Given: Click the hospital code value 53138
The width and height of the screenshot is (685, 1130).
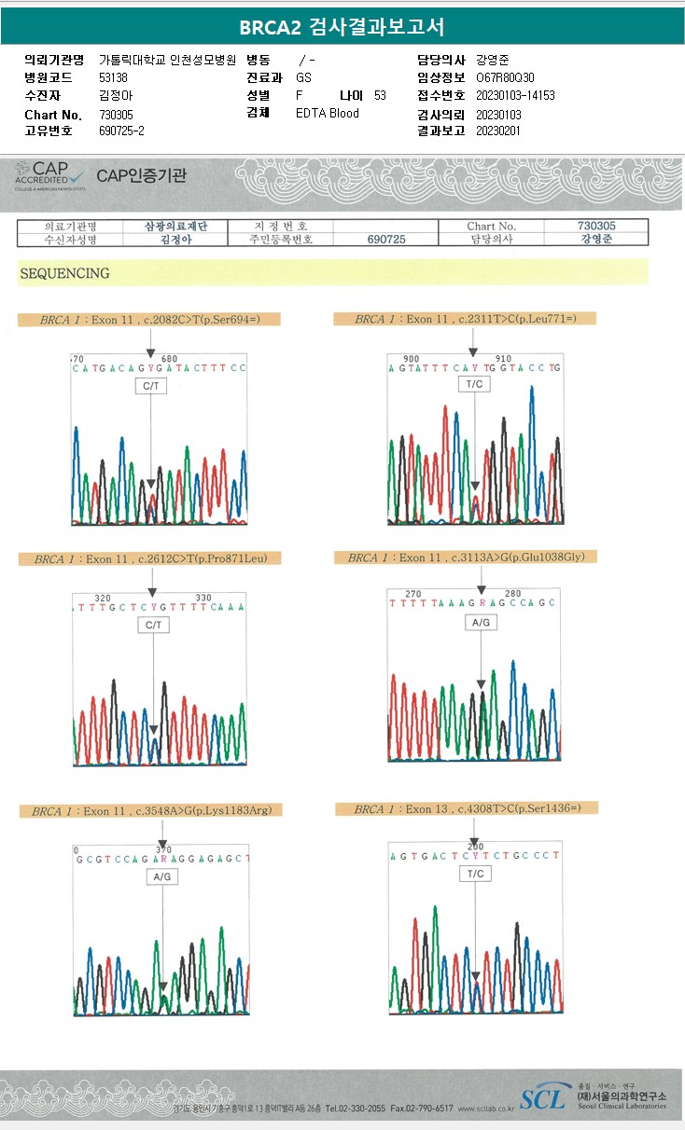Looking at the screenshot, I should coord(113,77).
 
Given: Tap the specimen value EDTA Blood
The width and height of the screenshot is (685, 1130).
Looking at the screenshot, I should coord(327,114).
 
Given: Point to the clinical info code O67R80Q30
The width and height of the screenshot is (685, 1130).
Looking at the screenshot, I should coord(505,77).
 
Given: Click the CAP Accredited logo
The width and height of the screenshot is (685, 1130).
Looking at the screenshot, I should coord(51,175).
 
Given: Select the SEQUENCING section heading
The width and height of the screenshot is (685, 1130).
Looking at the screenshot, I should coord(64,273).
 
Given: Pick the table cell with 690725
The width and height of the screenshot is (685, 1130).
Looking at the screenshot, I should coord(386,240).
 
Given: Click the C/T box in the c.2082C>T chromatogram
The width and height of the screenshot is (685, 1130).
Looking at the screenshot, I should coord(151,386).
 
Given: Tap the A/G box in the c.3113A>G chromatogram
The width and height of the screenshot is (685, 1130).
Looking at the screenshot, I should coord(481,622).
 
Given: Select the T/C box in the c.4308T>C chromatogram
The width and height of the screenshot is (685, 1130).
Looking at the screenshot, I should coord(475,874).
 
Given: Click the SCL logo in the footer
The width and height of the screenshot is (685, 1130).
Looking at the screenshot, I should coord(542,1099).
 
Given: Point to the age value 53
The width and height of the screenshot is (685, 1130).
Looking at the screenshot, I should coord(380,96).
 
